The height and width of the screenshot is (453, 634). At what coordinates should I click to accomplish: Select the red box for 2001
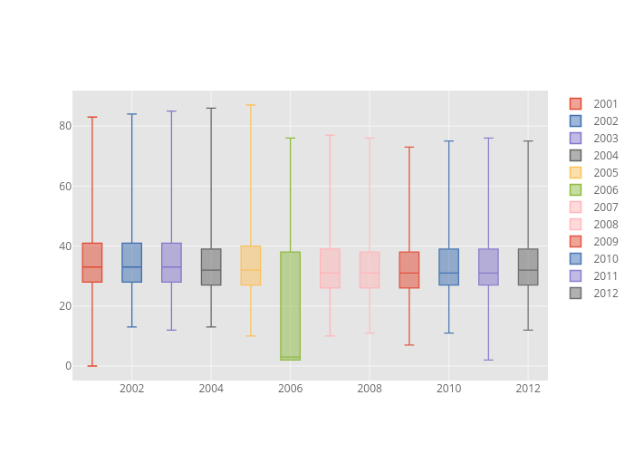click(x=92, y=262)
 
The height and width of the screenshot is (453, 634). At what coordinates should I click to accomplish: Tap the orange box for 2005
click(x=251, y=265)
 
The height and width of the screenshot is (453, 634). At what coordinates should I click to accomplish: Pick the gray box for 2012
click(x=528, y=267)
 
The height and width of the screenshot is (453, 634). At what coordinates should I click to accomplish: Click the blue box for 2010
click(x=448, y=267)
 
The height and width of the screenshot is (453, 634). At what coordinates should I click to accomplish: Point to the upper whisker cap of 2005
click(x=251, y=105)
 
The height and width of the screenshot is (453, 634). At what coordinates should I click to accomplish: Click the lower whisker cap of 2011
click(x=488, y=360)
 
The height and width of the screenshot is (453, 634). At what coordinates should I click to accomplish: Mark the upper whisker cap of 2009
click(x=409, y=147)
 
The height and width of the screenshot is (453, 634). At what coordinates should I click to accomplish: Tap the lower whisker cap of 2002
click(x=131, y=327)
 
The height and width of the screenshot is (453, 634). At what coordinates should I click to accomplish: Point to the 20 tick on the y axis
click(x=64, y=306)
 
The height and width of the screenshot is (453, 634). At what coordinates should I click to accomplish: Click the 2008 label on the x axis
click(x=370, y=389)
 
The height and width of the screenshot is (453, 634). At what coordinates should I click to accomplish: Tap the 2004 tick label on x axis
click(x=211, y=389)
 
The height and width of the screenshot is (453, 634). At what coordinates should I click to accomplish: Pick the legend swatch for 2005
click(x=575, y=173)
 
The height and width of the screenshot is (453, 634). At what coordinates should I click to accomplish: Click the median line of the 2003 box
click(x=171, y=267)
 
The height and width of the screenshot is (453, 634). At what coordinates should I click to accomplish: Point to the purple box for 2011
click(x=488, y=267)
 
